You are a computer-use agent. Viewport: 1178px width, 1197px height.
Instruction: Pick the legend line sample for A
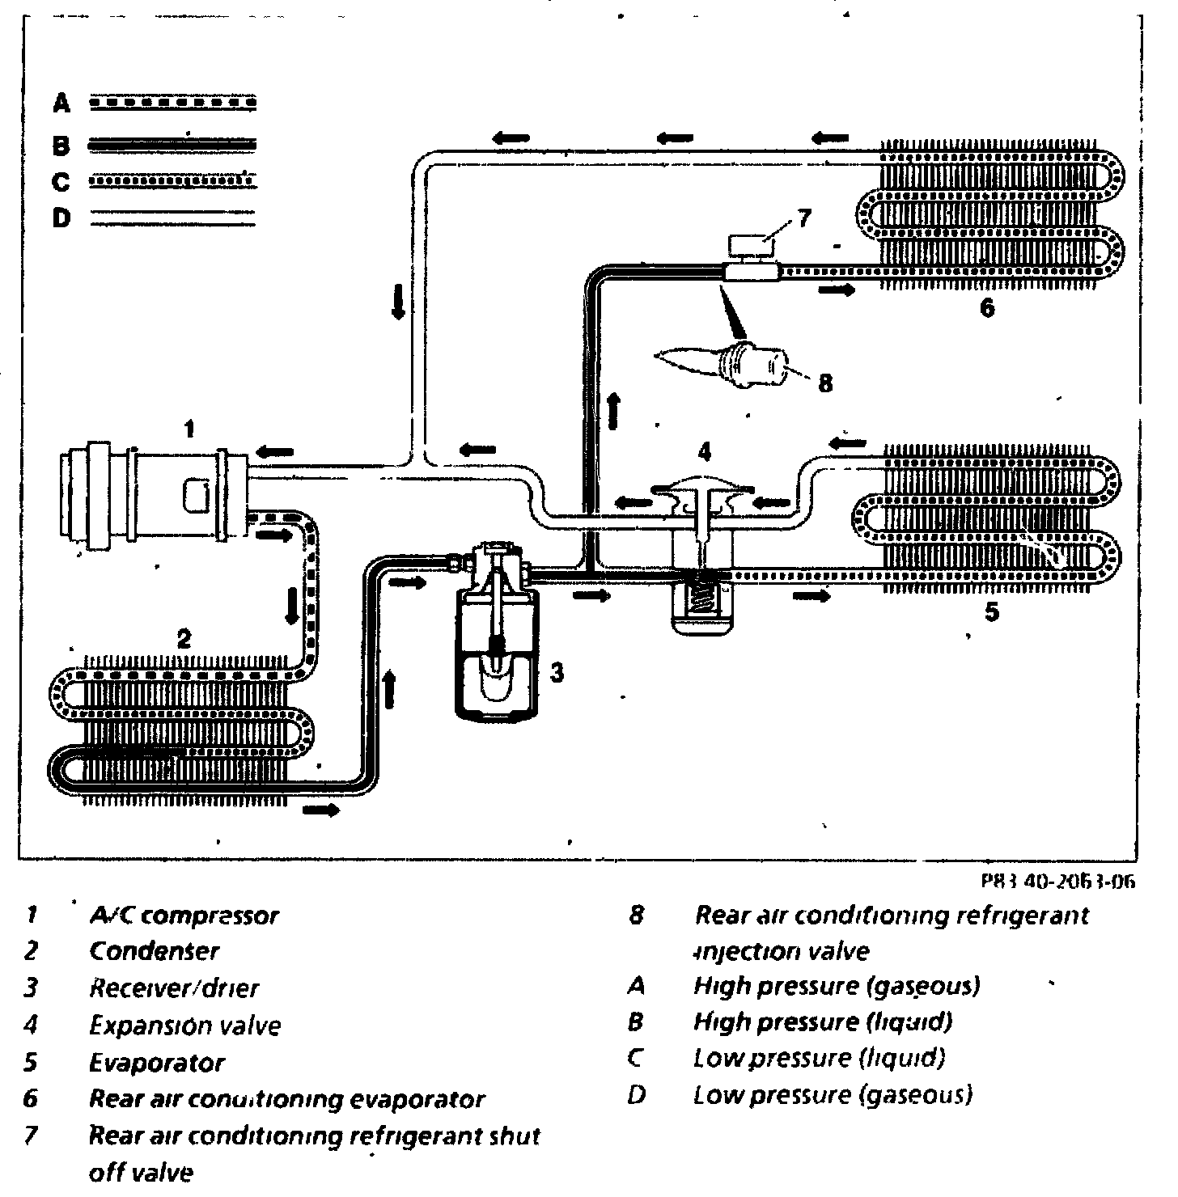tap(172, 104)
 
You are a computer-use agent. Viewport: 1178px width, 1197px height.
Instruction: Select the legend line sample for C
tap(172, 181)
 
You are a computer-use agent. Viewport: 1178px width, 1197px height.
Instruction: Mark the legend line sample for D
tap(172, 218)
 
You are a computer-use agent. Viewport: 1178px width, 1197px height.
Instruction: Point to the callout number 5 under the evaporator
tap(992, 612)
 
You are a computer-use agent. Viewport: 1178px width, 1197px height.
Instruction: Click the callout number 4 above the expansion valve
tap(706, 450)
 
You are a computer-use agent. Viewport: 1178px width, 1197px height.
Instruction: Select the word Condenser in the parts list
tap(154, 951)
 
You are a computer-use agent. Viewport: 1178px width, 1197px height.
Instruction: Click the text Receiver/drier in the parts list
tap(174, 988)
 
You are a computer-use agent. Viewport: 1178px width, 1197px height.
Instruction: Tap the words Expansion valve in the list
tap(184, 1026)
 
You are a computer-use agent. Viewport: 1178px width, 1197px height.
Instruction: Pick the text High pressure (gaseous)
tap(837, 986)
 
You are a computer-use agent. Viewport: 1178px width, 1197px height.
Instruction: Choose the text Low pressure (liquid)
tap(819, 1058)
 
